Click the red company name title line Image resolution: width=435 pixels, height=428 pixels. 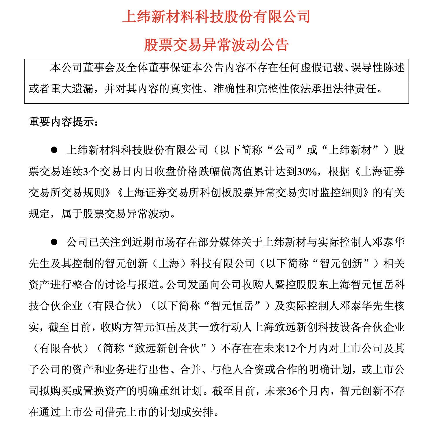[216, 17]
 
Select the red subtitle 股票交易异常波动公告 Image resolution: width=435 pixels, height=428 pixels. [216, 45]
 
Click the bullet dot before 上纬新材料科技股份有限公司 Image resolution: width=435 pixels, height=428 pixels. [54, 150]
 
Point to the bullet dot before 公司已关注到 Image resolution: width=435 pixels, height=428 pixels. [54, 242]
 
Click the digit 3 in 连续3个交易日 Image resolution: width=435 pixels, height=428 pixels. [85, 172]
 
